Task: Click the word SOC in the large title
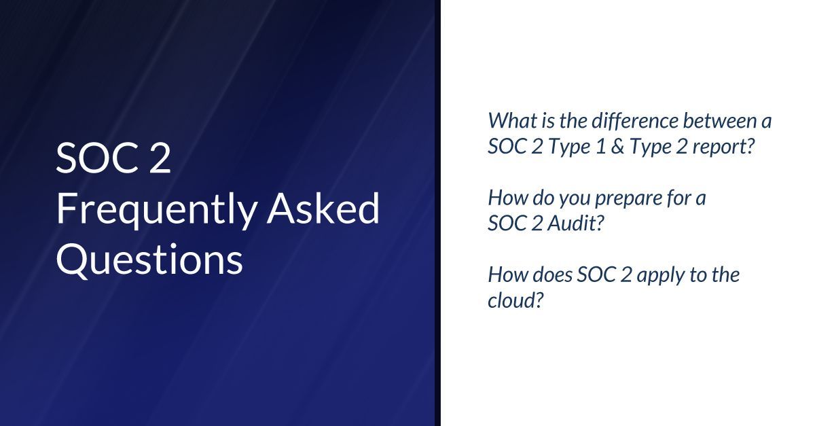(x=93, y=159)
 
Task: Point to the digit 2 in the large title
(x=158, y=159)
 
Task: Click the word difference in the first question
(x=619, y=121)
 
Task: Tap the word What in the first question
(x=507, y=121)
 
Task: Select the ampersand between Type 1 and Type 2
(x=616, y=147)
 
